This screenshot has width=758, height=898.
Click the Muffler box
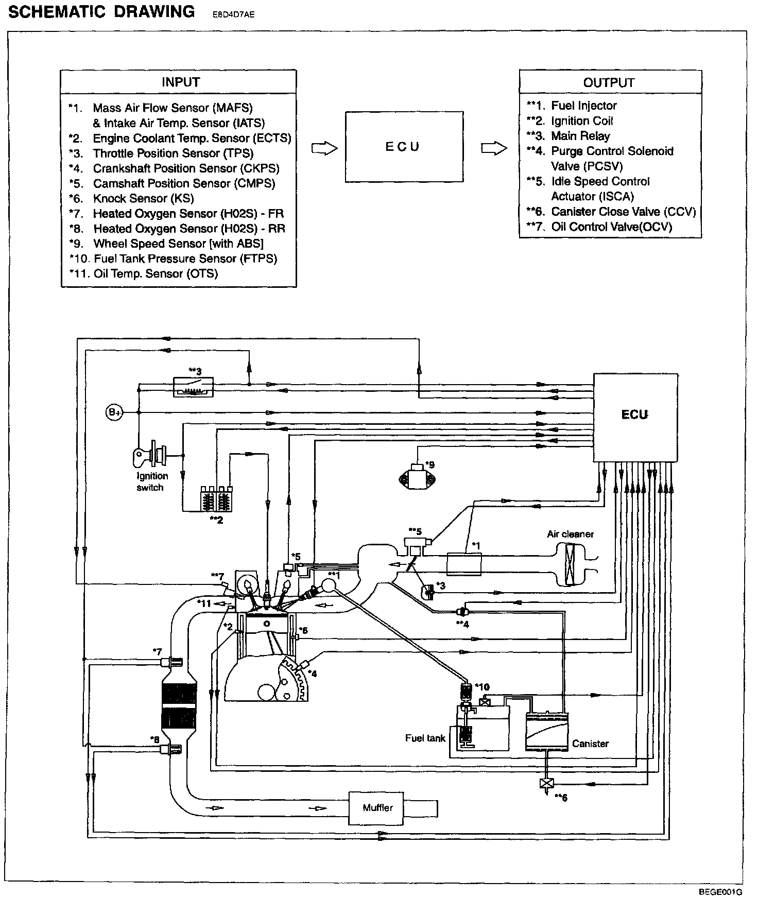(x=377, y=807)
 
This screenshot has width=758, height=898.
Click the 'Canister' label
(x=590, y=744)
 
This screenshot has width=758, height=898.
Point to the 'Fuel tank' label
(x=425, y=738)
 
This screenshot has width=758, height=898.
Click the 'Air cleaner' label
(x=570, y=534)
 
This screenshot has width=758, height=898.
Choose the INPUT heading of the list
(x=180, y=82)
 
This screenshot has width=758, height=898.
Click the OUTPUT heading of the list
(x=609, y=82)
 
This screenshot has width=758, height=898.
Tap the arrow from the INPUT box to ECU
(x=324, y=148)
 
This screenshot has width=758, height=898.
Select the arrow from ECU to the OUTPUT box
(x=493, y=148)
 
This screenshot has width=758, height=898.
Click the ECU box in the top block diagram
(x=403, y=147)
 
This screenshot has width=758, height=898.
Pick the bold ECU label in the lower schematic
(x=634, y=415)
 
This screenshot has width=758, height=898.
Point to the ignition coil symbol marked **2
(x=216, y=498)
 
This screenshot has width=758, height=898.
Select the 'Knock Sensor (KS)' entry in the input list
(x=143, y=199)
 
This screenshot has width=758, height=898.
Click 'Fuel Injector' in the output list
(x=583, y=106)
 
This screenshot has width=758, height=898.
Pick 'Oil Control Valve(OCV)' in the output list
(x=611, y=227)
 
